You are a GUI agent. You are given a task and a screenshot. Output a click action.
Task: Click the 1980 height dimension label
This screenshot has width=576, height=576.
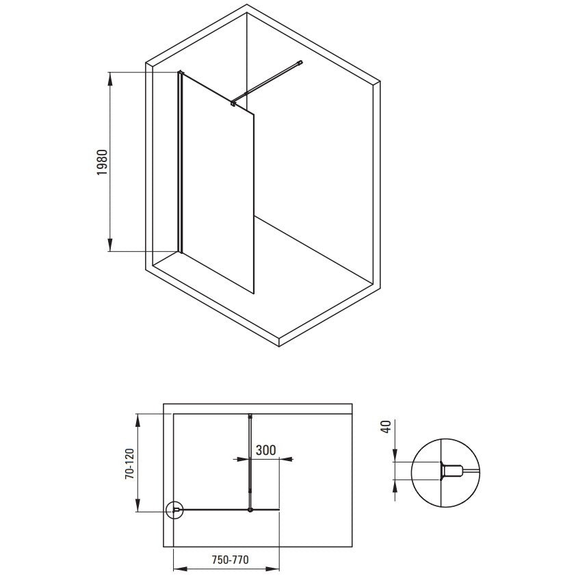[102, 162]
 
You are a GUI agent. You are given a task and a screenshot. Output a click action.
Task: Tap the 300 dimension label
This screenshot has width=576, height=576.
[265, 450]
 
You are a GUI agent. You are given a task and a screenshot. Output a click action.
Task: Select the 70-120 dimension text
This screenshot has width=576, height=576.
[130, 464]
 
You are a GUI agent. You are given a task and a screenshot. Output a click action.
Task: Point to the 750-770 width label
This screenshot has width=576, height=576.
[231, 560]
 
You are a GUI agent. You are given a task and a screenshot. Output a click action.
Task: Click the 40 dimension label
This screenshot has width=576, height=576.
[386, 427]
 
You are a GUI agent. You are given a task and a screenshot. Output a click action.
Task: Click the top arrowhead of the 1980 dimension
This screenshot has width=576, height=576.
[110, 79]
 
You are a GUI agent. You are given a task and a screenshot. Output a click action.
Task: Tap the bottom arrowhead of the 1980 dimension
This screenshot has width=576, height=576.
[110, 244]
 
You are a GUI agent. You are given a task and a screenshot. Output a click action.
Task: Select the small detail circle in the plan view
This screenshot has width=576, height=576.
[174, 510]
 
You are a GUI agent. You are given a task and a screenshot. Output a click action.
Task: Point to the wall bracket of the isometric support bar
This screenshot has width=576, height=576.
[300, 62]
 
